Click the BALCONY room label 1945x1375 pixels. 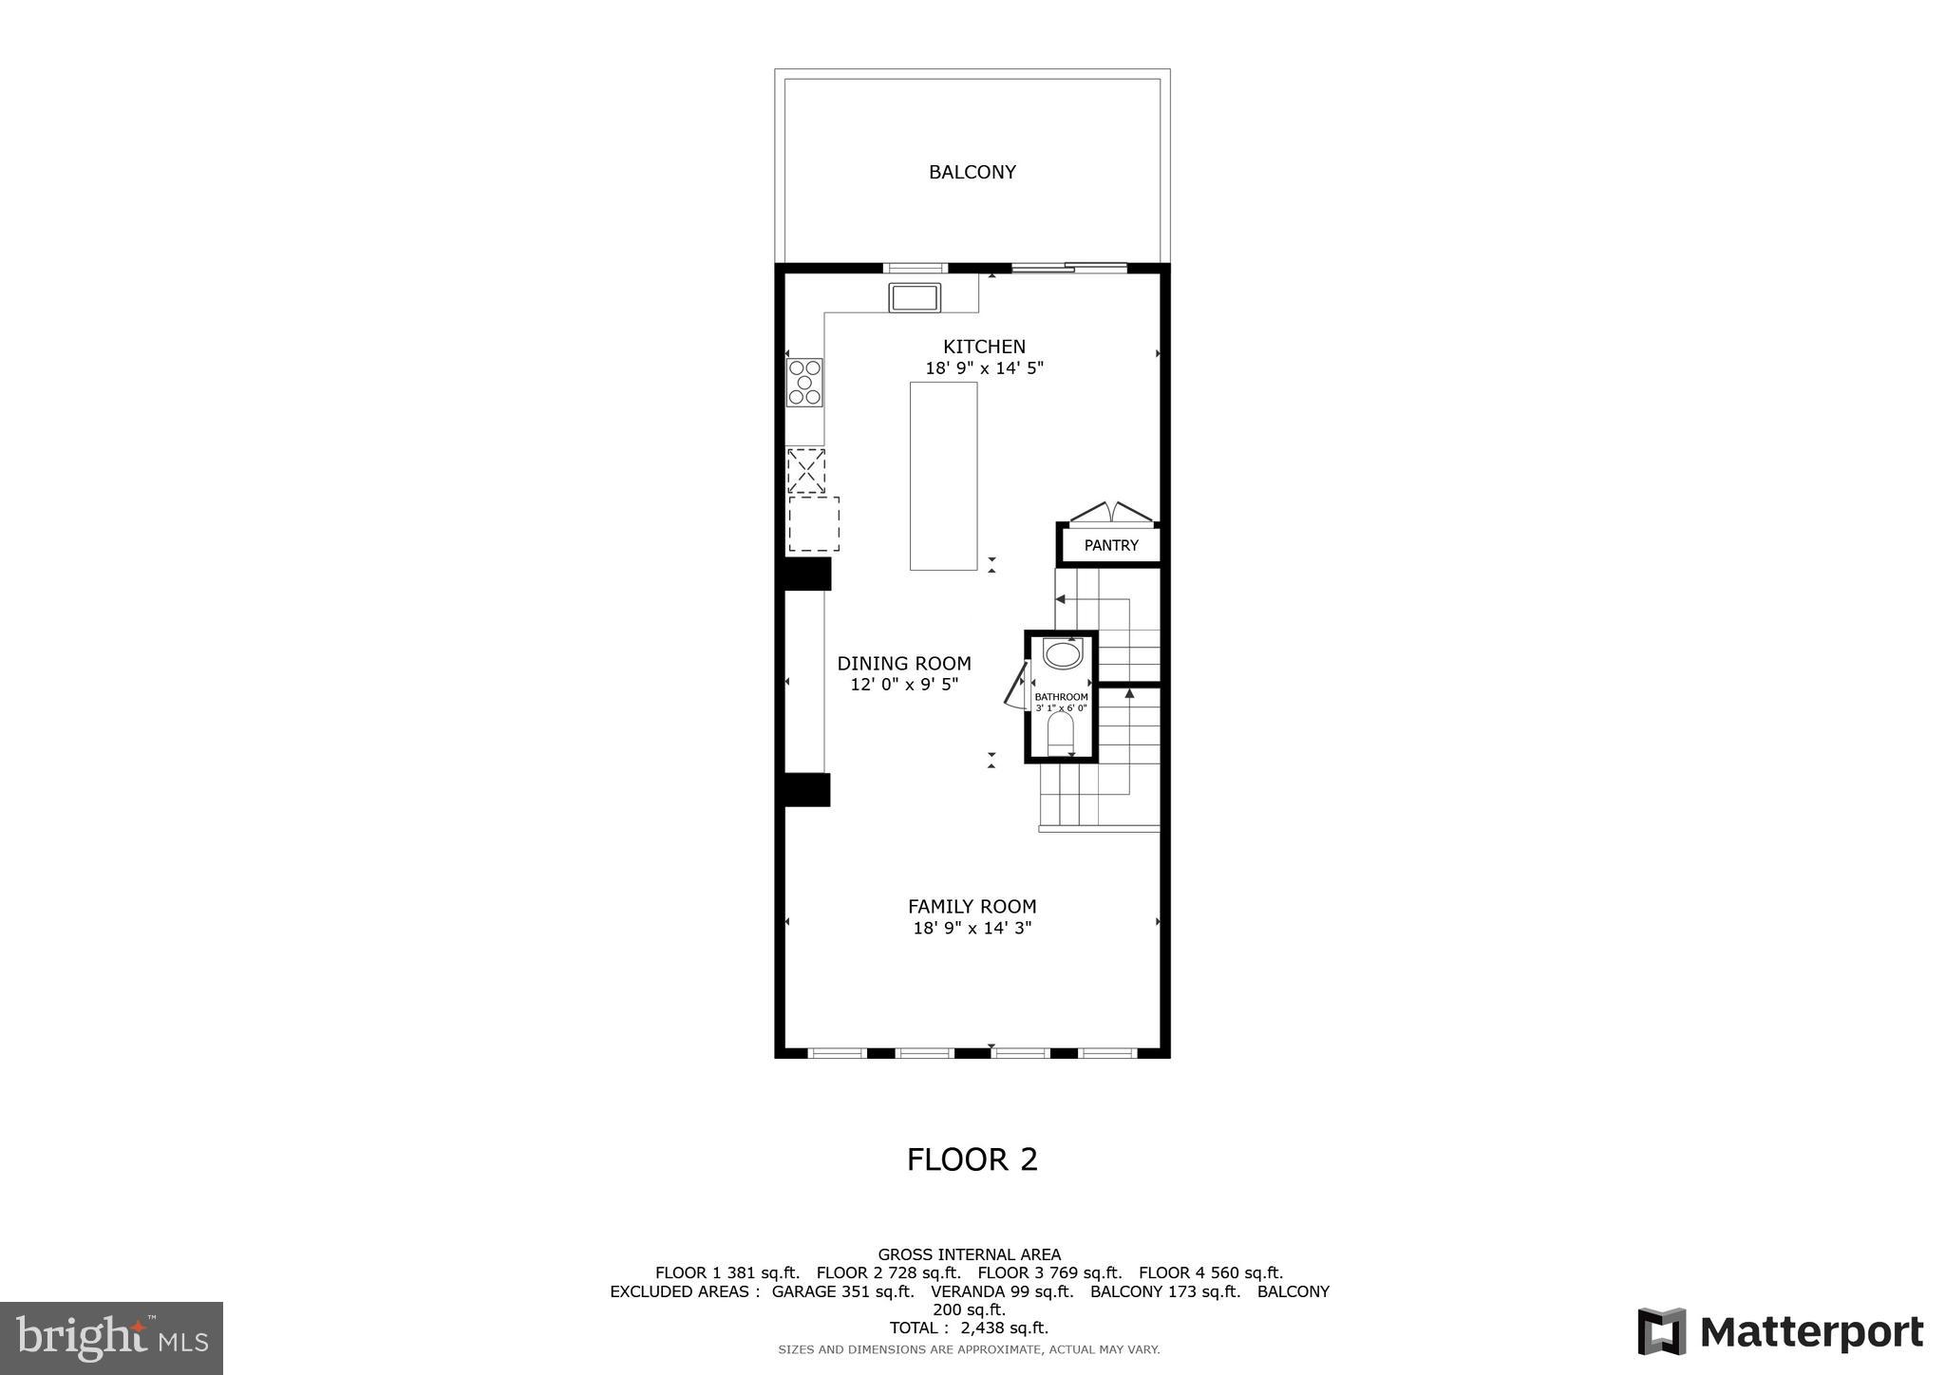point(972,172)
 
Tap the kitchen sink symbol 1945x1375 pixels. point(915,297)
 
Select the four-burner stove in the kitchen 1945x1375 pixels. point(804,383)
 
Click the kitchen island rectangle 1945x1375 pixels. point(943,476)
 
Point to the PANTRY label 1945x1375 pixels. point(1110,545)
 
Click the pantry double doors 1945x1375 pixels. point(1110,513)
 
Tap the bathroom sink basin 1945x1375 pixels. point(1062,654)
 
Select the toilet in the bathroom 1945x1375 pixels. point(1060,735)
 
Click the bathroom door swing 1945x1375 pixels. point(1015,687)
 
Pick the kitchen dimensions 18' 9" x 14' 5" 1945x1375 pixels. point(984,368)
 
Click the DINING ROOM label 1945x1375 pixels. point(903,664)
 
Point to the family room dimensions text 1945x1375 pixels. point(972,929)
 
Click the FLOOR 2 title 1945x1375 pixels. point(972,1159)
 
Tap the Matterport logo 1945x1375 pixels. point(1780,1331)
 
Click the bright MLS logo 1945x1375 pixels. point(111,1338)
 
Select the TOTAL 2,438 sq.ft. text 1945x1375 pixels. point(968,1328)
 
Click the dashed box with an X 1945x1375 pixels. point(806,470)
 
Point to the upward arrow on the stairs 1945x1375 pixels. point(1129,694)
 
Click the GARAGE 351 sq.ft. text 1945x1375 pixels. point(842,1291)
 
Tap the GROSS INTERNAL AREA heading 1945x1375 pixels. point(969,1254)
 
